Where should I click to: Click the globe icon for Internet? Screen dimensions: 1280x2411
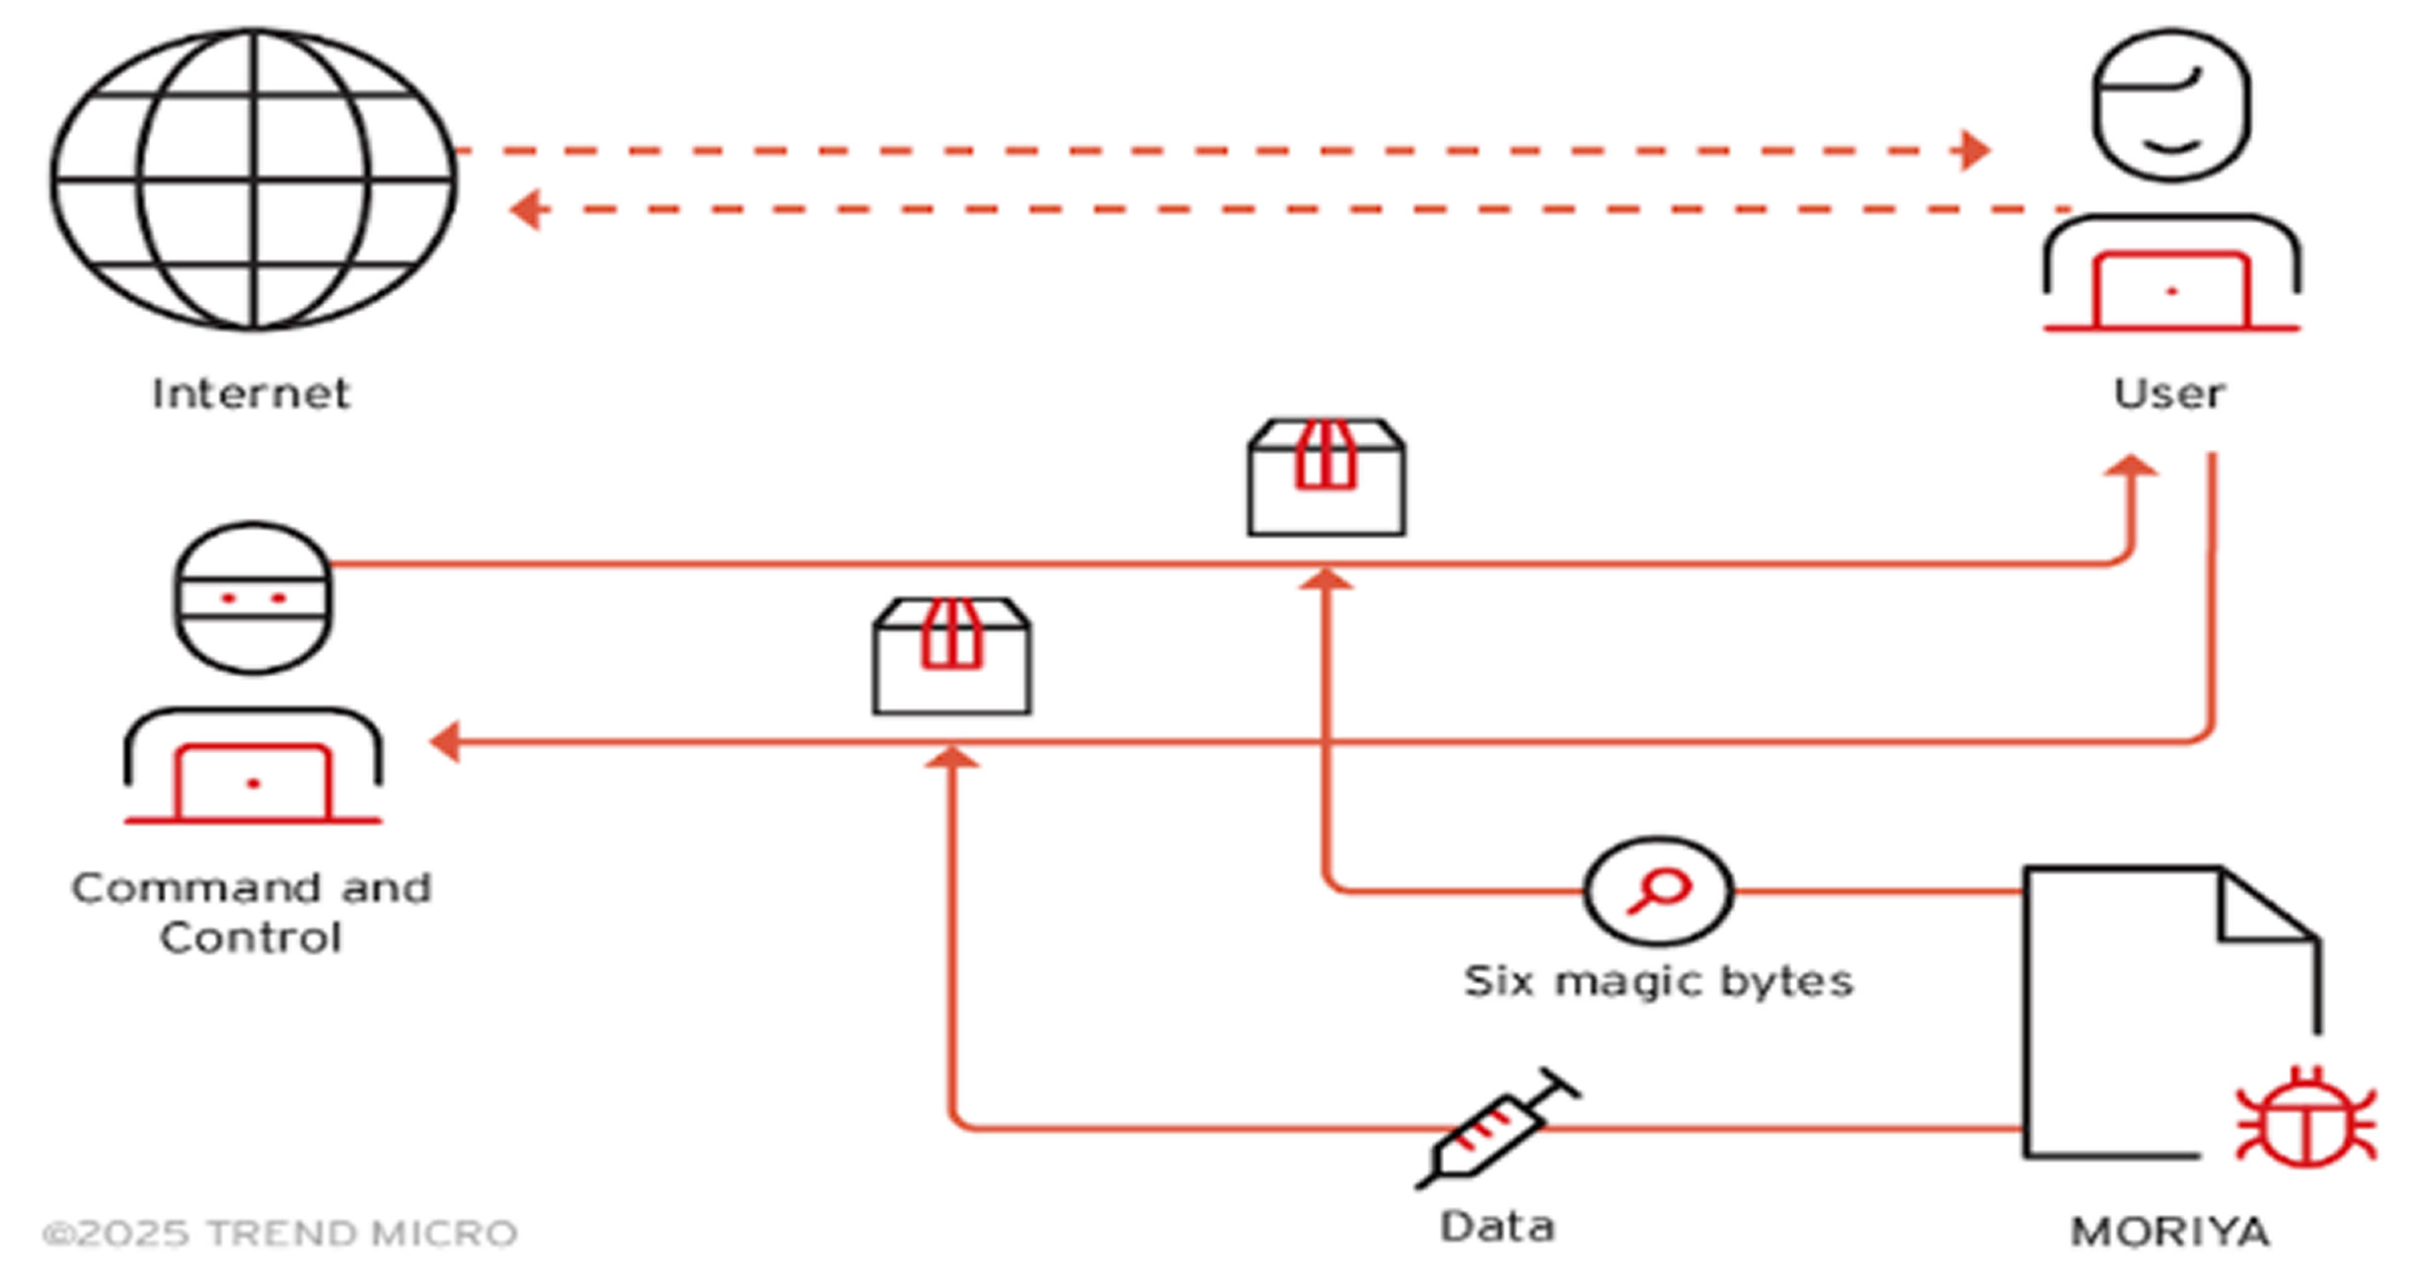(x=253, y=180)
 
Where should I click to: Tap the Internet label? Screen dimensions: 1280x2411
(x=251, y=394)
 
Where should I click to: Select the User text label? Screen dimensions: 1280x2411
(x=2168, y=394)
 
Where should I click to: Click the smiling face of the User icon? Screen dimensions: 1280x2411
(x=2171, y=106)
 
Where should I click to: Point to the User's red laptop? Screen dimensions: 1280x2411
(x=2171, y=291)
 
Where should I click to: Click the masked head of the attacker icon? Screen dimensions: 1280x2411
(x=253, y=598)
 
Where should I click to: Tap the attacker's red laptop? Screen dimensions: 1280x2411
(x=253, y=783)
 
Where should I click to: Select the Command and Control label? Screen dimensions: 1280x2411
(x=252, y=912)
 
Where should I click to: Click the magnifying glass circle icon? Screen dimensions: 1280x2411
(x=1658, y=891)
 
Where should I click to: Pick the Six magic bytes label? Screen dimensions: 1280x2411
(x=1658, y=982)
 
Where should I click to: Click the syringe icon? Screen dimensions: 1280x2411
(x=1496, y=1128)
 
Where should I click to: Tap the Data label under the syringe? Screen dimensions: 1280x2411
(x=1497, y=1227)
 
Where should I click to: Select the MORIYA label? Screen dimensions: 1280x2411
(x=2169, y=1232)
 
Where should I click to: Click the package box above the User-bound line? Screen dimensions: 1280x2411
(x=1326, y=478)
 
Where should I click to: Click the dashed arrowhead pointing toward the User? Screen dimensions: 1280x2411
(x=1973, y=150)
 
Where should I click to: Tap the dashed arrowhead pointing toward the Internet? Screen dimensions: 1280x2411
(x=527, y=209)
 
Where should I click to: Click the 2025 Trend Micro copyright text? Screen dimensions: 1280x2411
(x=280, y=1233)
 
